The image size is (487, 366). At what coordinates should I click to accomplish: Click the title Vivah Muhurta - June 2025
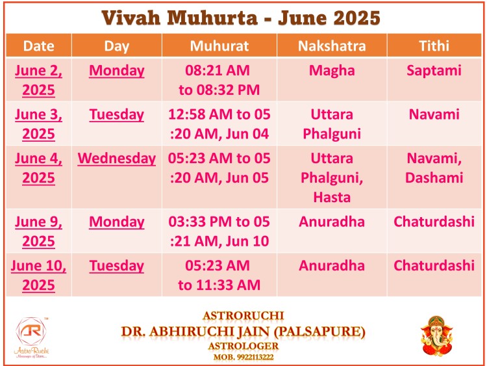241,18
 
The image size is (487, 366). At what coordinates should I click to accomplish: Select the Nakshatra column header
332,46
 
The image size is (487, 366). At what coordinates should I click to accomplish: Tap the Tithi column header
434,46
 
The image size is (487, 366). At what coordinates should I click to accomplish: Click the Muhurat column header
219,46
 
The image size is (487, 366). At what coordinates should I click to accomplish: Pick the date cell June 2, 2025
38,80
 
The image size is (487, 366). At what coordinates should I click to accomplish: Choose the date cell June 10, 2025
38,275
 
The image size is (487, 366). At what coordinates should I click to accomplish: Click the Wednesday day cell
116,159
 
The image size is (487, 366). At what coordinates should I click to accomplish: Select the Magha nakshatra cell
332,71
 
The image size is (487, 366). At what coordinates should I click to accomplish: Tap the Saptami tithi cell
434,71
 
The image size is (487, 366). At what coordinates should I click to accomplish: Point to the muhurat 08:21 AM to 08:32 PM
219,80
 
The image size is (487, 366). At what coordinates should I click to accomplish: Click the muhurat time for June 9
219,231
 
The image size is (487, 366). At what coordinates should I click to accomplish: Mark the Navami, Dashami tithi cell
434,168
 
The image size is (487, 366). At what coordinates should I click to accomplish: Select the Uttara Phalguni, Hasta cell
332,177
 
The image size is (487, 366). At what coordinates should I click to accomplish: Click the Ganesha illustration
437,336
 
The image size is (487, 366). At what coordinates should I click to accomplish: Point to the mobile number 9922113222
255,357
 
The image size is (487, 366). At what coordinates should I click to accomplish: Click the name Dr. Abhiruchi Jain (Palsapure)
243,332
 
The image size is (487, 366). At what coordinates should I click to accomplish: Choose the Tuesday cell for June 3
116,114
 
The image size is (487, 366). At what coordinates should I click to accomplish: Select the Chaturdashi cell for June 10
434,265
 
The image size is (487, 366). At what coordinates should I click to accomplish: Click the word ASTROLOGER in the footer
243,346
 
